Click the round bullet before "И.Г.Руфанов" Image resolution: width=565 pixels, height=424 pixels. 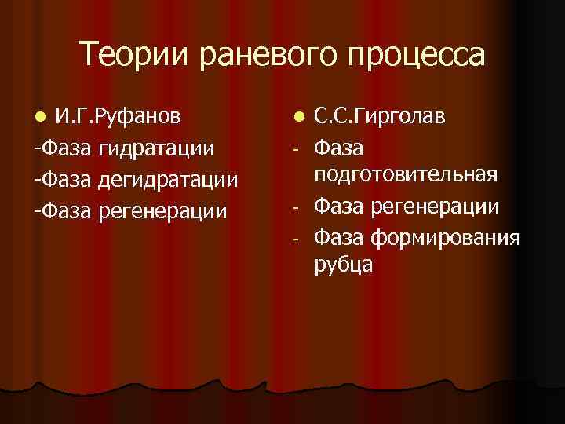click(42, 118)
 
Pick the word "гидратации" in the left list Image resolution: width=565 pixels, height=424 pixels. click(157, 148)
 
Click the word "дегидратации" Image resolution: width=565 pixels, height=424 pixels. click(169, 180)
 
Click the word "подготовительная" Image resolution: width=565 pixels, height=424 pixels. click(406, 174)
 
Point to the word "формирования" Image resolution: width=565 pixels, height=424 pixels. click(444, 236)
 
